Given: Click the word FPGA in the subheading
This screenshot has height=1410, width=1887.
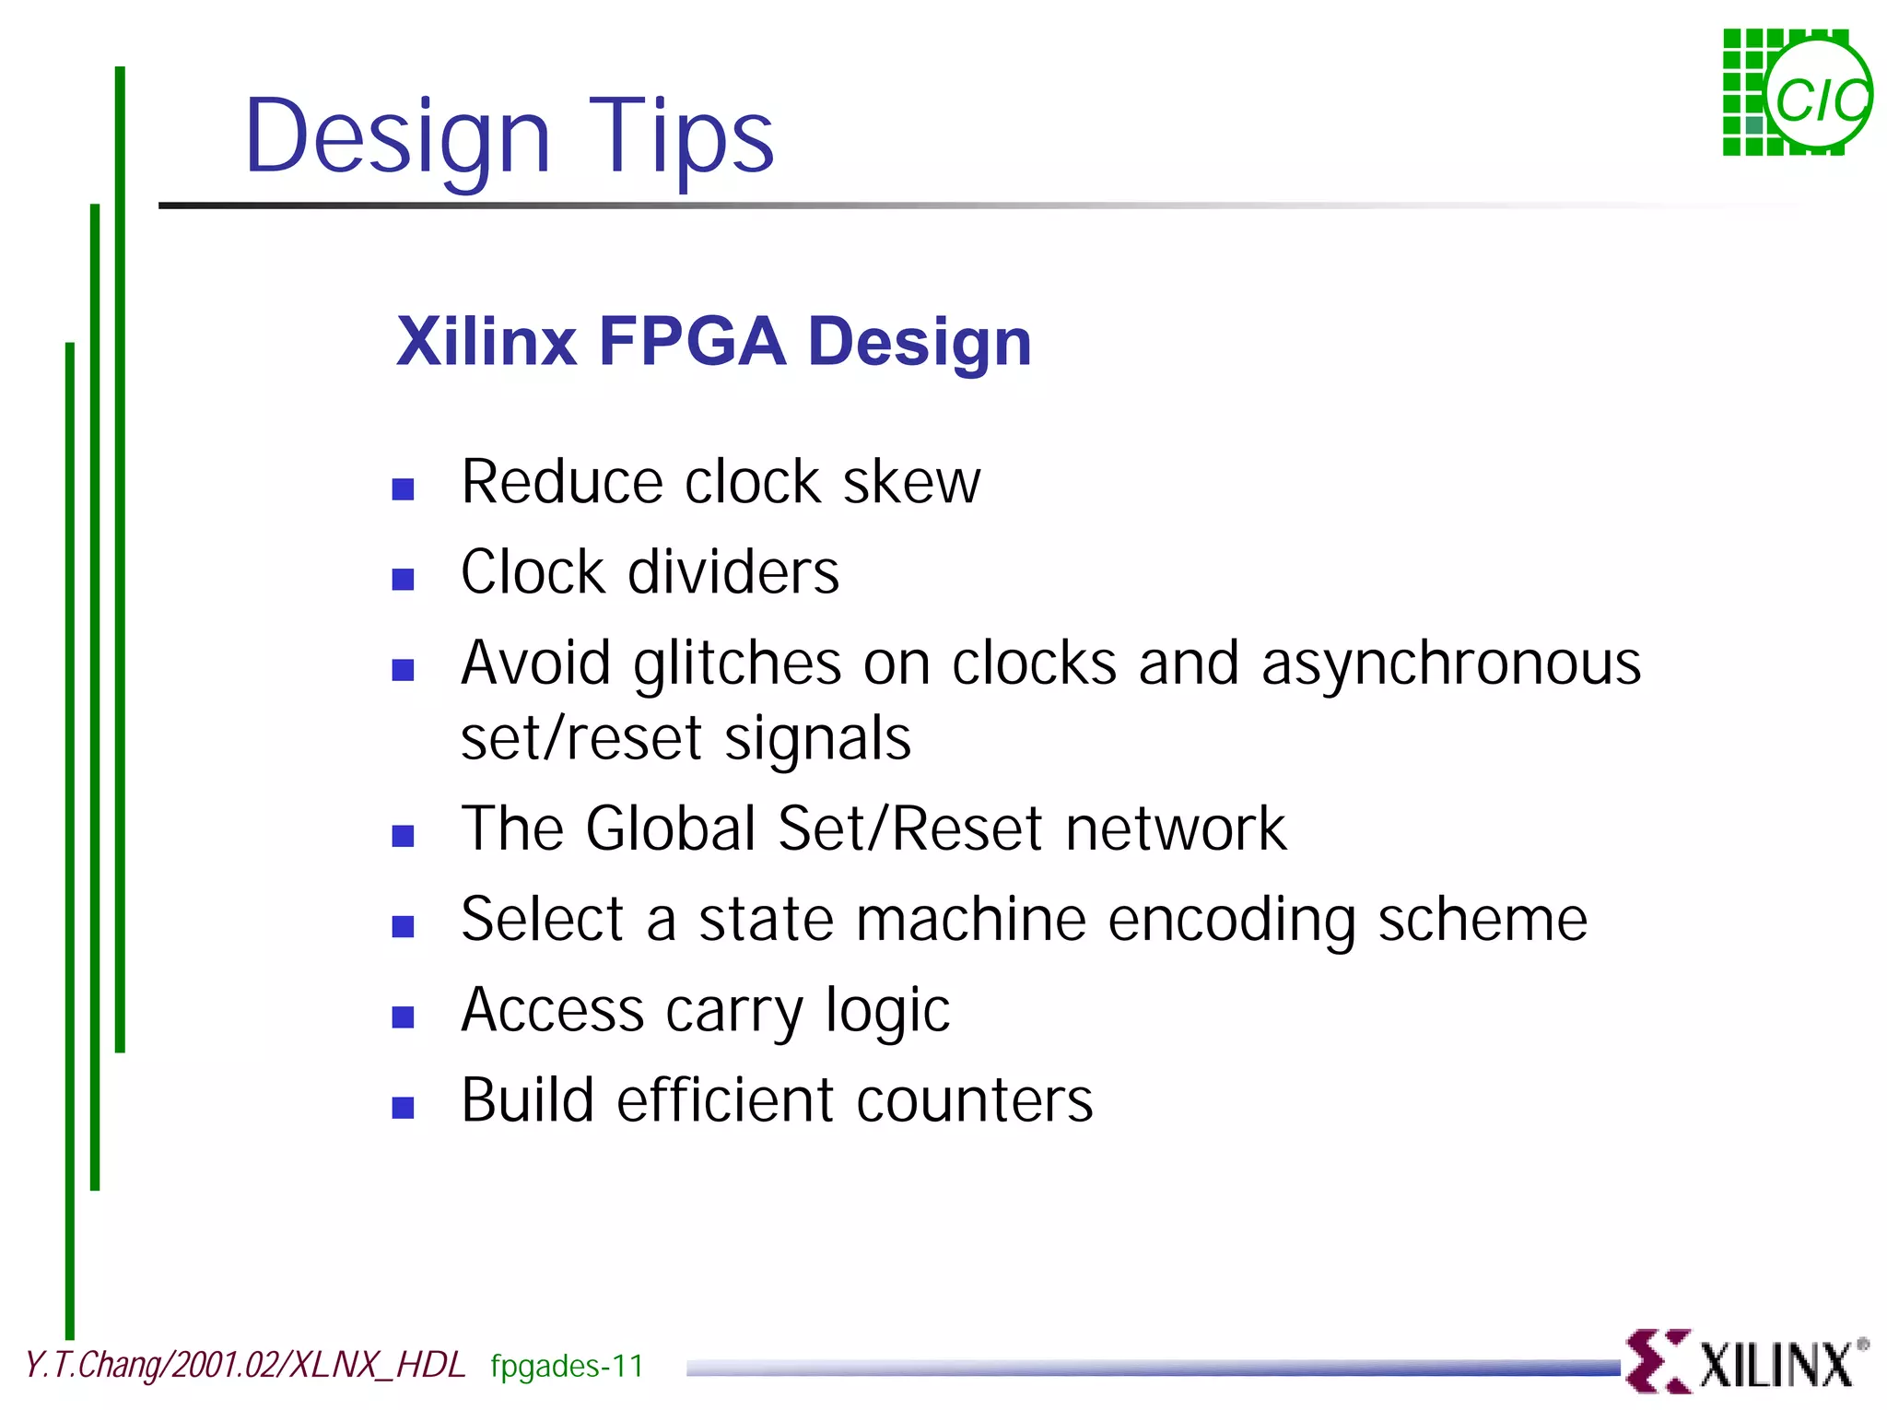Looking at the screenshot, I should pos(692,342).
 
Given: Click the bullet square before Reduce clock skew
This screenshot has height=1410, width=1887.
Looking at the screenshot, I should pos(403,488).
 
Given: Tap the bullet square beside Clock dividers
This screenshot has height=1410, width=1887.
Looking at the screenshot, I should pos(403,579).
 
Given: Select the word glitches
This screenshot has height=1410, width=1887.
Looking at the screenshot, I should pos(737,664).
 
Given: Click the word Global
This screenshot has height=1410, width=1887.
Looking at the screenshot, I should pos(671,828).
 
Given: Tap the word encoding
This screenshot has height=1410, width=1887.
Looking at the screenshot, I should pos(1231,921).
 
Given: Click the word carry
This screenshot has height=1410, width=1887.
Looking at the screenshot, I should pos(733,1012).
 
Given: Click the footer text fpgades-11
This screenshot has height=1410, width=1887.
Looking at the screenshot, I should pos(567,1366).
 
